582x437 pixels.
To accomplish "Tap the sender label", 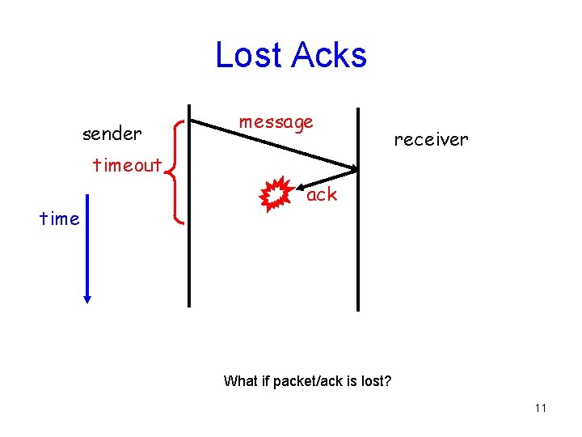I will coord(112,133).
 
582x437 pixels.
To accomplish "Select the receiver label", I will coord(431,139).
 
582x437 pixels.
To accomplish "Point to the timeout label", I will coord(127,166).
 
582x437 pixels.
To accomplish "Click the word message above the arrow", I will coord(276,122).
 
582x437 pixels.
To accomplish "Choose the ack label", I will coord(322,194).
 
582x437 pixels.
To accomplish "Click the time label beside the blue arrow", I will coord(60,218).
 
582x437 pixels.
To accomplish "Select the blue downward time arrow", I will coord(87,251).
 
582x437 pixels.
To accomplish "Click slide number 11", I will coord(540,408).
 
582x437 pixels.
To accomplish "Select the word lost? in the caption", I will coord(376,380).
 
